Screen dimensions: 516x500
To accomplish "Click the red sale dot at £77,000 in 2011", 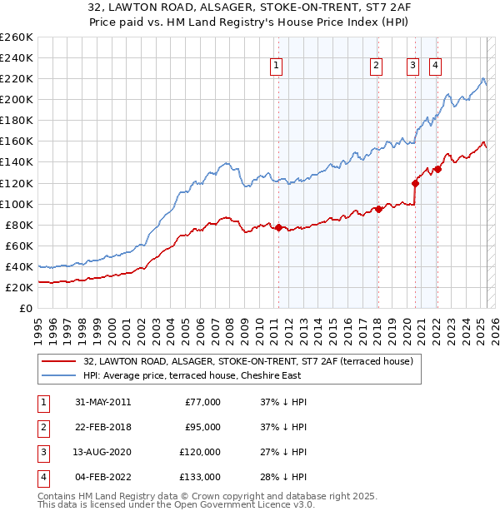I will [278, 227].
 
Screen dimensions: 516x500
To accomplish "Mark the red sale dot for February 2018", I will [377, 209].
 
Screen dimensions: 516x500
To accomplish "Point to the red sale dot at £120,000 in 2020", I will [414, 182].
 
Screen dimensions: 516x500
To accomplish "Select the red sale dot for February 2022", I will [437, 169].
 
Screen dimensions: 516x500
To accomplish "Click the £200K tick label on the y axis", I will [16, 99].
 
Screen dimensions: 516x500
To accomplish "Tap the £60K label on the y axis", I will [19, 246].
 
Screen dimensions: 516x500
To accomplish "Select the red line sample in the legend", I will [58, 361].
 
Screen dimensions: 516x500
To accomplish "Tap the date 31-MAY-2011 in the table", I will [102, 402].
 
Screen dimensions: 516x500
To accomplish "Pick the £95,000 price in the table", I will [202, 427].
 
